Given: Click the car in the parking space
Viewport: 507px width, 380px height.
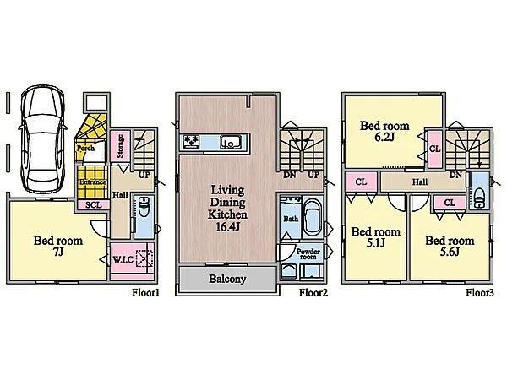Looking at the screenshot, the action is click(43, 139).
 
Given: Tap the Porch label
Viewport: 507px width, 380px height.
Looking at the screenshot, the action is click(85, 149).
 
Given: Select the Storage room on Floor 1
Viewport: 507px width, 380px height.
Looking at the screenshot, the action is click(121, 146).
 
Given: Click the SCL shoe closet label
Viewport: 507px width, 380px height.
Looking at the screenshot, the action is click(94, 204).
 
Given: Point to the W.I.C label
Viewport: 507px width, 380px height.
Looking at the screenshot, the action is click(123, 259).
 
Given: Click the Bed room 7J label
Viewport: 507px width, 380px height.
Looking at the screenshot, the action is click(57, 246).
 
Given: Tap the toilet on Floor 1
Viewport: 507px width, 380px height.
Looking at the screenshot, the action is click(144, 208).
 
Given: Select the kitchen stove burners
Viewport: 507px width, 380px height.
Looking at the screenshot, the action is click(191, 142).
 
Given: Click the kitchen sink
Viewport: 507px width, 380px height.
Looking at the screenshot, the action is click(232, 142).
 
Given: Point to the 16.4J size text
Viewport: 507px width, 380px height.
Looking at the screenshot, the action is click(227, 227).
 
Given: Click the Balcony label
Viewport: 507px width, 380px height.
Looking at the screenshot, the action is click(227, 279).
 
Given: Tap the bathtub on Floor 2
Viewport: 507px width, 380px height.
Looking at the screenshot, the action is click(313, 218).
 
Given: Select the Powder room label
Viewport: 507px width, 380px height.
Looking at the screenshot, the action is click(308, 254).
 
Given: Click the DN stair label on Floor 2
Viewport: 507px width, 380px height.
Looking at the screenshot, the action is click(290, 175).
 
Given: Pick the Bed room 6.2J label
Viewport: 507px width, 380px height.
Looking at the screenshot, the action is click(384, 131).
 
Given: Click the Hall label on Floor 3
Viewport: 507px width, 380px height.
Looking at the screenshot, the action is click(420, 182).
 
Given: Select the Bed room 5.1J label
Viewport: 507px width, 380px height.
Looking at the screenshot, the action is click(376, 237).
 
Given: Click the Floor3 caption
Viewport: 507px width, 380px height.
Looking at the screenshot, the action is click(480, 293).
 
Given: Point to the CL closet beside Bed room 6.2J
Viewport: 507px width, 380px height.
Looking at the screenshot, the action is click(435, 149).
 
